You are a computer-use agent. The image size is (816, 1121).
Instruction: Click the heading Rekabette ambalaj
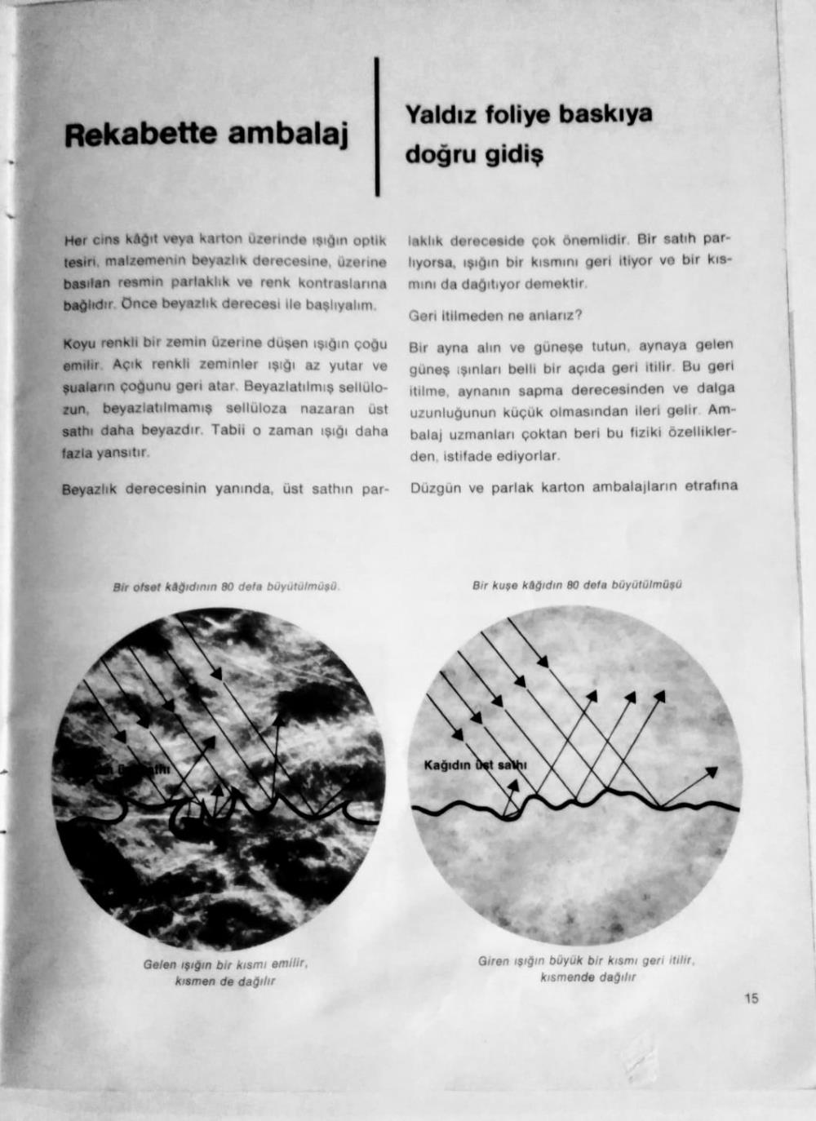206,135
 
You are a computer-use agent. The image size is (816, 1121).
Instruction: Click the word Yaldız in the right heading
439,115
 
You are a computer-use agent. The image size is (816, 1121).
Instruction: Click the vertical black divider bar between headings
377,126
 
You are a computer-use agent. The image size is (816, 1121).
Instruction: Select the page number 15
752,997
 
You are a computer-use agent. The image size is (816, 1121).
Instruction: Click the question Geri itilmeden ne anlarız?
494,315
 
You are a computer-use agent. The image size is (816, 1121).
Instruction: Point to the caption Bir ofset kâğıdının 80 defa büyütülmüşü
226,587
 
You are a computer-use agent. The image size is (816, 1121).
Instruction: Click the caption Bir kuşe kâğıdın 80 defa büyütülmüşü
577,584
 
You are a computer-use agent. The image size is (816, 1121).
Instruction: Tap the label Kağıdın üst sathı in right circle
476,765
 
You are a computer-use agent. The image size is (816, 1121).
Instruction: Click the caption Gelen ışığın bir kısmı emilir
224,964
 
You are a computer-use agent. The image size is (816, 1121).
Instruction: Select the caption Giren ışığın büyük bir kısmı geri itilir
586,961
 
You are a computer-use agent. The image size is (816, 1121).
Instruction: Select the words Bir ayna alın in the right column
457,348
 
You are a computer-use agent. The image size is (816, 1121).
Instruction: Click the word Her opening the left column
76,240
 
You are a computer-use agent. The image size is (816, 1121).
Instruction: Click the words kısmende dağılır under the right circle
588,977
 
